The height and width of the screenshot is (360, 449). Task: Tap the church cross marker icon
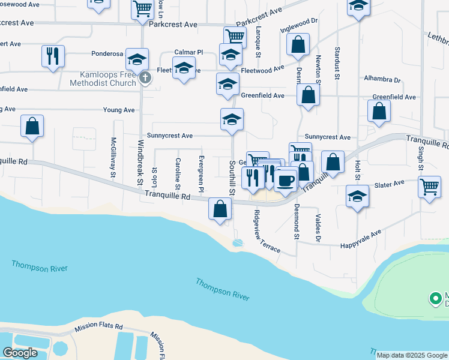coord(144,77)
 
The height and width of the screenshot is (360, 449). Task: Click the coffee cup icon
coord(286,179)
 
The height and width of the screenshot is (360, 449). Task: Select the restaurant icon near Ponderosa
coord(53,56)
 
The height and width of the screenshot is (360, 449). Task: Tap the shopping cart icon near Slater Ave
coord(430,187)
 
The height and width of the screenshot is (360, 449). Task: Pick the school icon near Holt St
coord(358,196)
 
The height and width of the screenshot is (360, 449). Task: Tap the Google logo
coord(20,353)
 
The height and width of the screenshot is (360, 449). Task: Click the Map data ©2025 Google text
coord(412,355)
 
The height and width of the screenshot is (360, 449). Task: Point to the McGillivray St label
coord(113,158)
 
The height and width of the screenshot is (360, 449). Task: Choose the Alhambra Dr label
coord(382,79)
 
